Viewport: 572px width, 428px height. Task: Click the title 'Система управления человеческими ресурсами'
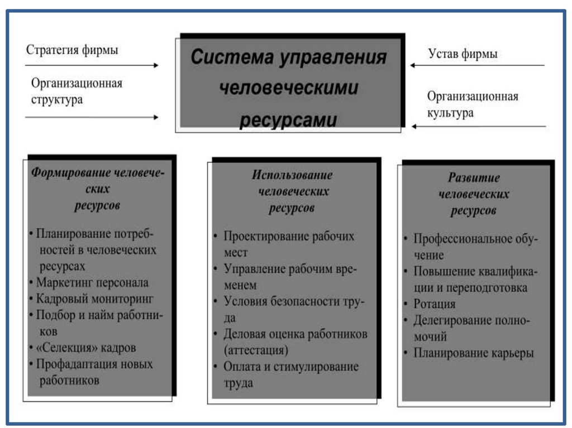pyautogui.click(x=288, y=88)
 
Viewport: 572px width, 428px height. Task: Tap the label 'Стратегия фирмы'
pyautogui.click(x=72, y=50)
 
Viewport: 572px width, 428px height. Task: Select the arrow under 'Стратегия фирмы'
pyautogui.click(x=92, y=65)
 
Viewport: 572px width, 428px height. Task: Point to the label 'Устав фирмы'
pyautogui.click(x=463, y=54)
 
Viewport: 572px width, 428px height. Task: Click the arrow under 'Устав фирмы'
pyautogui.click(x=477, y=65)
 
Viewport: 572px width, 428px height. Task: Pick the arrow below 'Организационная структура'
pyautogui.click(x=92, y=117)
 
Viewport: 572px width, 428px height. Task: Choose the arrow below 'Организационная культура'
pyautogui.click(x=478, y=127)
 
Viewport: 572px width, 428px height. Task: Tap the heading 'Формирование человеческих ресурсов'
pyautogui.click(x=97, y=189)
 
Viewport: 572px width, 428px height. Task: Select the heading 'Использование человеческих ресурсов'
pyautogui.click(x=292, y=191)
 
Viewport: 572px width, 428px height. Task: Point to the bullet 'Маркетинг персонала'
pyautogui.click(x=92, y=282)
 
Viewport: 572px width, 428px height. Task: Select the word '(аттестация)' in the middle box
pyautogui.click(x=256, y=350)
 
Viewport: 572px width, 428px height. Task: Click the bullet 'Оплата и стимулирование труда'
pyautogui.click(x=290, y=374)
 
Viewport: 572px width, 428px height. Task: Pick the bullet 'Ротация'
pyautogui.click(x=434, y=304)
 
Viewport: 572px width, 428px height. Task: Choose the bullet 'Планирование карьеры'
pyautogui.click(x=473, y=353)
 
